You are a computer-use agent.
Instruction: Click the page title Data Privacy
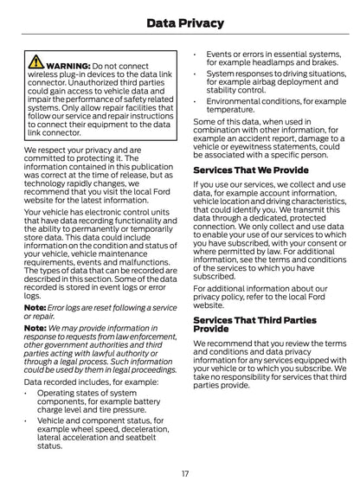coord(180,23)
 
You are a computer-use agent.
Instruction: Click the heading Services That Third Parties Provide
coord(254,324)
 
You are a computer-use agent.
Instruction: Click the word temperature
coord(229,111)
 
